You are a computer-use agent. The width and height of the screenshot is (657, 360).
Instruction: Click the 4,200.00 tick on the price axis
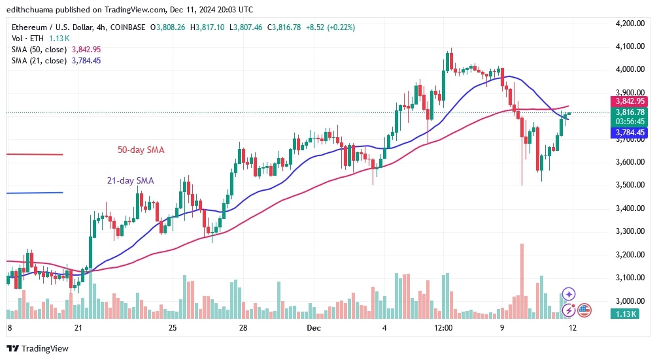[630, 23]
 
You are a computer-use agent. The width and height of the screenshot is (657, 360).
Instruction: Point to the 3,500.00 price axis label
[630, 185]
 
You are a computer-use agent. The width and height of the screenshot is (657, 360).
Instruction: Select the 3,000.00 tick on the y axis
[630, 301]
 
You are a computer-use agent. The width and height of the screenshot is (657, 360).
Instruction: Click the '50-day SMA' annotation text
[141, 150]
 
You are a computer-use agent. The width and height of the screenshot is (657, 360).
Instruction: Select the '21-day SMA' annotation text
[131, 181]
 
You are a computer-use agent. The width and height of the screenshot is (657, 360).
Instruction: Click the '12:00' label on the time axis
[443, 327]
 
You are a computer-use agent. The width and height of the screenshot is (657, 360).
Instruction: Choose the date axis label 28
[242, 327]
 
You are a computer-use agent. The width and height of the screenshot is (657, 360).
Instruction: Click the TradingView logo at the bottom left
[37, 348]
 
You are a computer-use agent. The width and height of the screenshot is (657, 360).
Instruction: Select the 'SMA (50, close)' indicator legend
[38, 50]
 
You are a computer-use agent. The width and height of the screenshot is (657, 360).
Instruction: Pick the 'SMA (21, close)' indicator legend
[38, 61]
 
